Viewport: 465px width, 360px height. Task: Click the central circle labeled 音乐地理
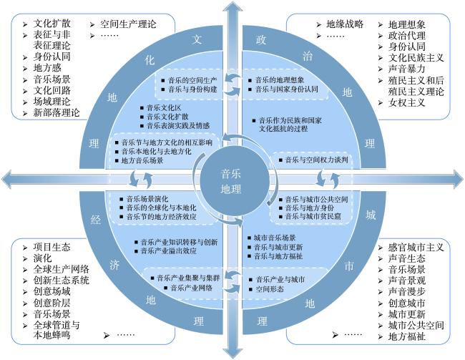[x=231, y=181]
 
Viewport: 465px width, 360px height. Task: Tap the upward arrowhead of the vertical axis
[x=232, y=8]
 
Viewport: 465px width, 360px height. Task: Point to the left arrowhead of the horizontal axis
[x=7, y=179]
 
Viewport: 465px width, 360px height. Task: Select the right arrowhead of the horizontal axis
[x=458, y=179]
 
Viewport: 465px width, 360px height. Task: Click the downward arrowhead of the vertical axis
[x=232, y=352]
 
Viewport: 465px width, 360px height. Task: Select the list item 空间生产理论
[x=128, y=24]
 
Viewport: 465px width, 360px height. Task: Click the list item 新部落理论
[x=57, y=113]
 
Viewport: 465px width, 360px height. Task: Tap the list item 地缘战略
[x=345, y=24]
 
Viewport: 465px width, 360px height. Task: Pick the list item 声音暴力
[x=406, y=69]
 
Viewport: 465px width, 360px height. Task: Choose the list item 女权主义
[x=406, y=102]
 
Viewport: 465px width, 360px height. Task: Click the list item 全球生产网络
[x=61, y=269]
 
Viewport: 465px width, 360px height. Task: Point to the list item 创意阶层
[x=52, y=303]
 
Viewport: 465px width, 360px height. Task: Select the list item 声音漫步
[x=406, y=292]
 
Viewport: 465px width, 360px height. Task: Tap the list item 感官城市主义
[x=416, y=247]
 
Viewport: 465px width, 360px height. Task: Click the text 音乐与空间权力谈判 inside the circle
[x=316, y=160]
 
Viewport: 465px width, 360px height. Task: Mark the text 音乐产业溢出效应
[x=168, y=251]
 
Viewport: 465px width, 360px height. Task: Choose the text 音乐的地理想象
[x=280, y=80]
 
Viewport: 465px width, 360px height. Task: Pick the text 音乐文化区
[x=164, y=108]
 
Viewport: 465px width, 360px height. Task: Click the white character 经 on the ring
[x=95, y=220]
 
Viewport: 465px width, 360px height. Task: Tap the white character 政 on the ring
[x=261, y=39]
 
